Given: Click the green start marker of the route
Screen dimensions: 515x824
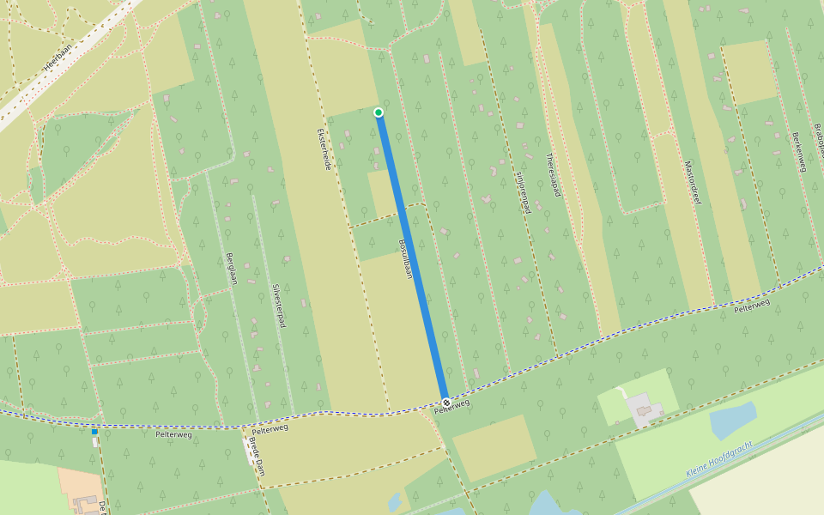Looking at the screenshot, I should click(379, 112).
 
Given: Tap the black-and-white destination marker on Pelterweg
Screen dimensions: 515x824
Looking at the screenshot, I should click(446, 403).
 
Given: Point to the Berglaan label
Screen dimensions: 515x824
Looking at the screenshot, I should click(230, 270).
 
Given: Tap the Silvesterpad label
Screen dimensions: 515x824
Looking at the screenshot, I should click(278, 306).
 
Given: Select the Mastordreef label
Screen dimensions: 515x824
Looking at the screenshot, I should click(693, 182).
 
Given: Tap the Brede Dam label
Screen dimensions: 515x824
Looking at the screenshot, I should click(257, 457).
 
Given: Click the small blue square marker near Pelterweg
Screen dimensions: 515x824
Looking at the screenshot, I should click(94, 432).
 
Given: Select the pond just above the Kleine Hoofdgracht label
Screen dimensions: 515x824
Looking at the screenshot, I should click(732, 420).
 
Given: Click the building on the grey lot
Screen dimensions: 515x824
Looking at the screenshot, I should click(646, 410).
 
